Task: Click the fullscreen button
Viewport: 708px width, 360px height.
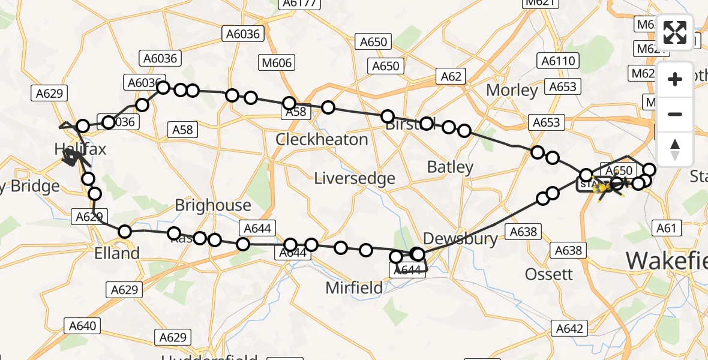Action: (x=675, y=32)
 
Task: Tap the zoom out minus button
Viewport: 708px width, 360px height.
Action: (x=675, y=114)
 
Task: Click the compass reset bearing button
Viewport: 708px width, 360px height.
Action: (x=675, y=149)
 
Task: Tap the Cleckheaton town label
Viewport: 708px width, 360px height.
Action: (x=322, y=140)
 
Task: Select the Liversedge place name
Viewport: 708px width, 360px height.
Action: (x=355, y=178)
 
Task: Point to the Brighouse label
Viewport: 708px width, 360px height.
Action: (x=213, y=205)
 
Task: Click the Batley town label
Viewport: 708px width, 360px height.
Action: (x=450, y=167)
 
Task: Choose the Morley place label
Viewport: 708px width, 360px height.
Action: (x=512, y=90)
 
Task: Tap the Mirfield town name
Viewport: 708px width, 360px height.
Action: (x=354, y=288)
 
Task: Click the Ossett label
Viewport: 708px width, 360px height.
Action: (x=549, y=274)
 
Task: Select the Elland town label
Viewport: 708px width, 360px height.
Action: (x=117, y=253)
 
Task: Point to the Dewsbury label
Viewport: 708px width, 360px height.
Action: (x=460, y=239)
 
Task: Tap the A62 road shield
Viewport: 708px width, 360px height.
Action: (x=451, y=76)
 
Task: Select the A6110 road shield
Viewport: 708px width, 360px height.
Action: (x=559, y=61)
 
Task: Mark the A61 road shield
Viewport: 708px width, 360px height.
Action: (x=666, y=227)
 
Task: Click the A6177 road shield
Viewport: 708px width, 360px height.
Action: (x=297, y=4)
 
